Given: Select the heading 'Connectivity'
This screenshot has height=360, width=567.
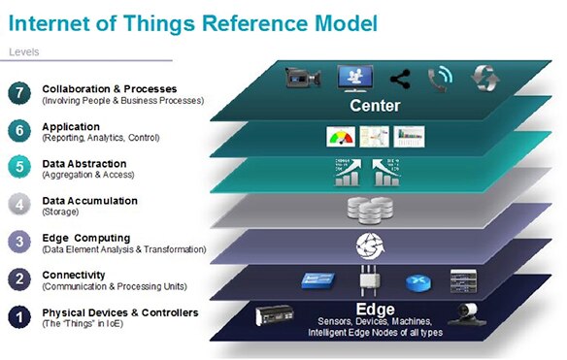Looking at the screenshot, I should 73,275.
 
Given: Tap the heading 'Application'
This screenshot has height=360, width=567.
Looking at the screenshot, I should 71,126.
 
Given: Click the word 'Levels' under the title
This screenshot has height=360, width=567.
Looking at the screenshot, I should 24,51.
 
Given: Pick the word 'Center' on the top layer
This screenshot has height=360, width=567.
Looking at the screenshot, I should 375,105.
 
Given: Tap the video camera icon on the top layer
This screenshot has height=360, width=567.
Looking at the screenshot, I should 302,78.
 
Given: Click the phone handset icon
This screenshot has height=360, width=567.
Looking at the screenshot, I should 440,79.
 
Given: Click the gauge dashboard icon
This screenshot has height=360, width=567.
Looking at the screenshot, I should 340,138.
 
